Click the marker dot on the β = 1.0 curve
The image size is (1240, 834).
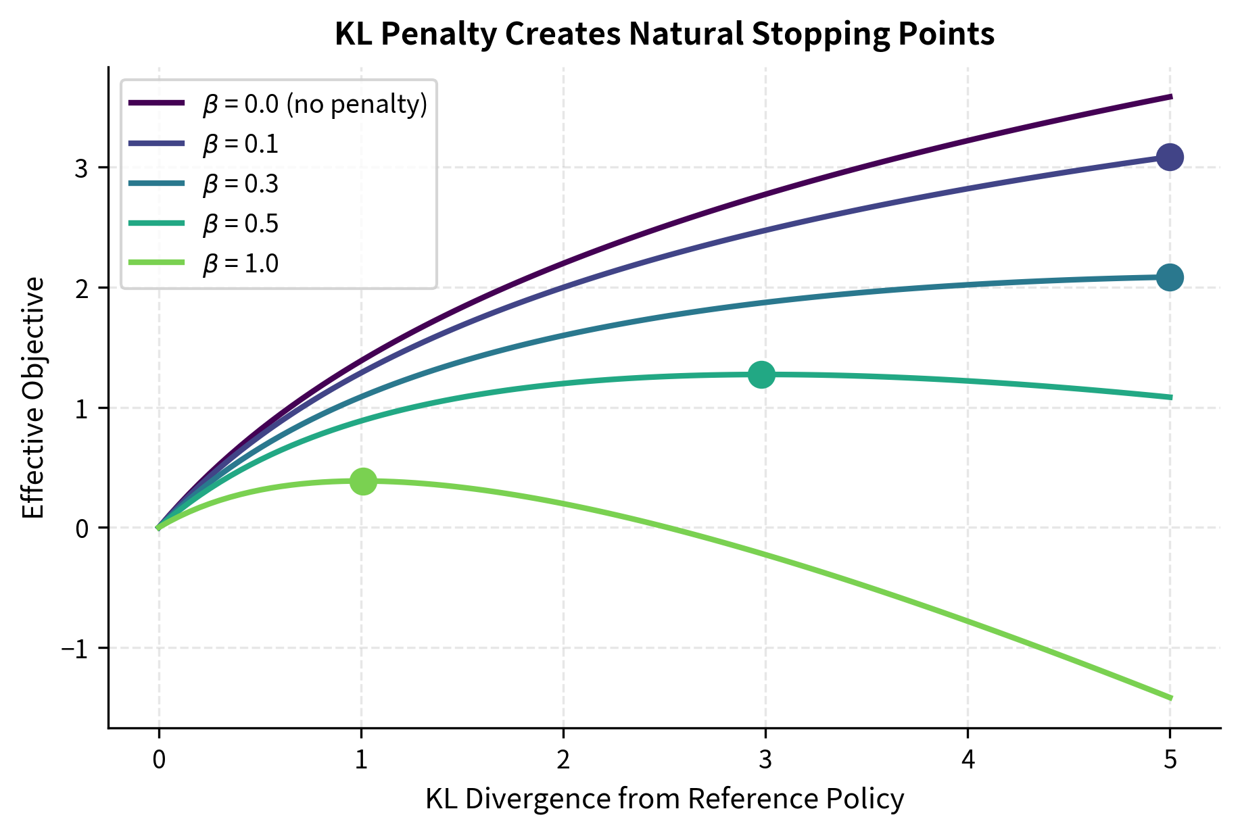363,481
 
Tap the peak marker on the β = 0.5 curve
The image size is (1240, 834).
762,374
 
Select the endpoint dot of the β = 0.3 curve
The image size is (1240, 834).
1170,277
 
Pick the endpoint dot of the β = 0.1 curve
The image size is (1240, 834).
1170,157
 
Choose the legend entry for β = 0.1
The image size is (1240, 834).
240,144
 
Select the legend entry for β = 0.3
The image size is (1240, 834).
240,184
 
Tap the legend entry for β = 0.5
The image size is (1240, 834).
240,224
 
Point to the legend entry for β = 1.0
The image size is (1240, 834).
240,264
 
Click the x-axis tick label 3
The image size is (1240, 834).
765,760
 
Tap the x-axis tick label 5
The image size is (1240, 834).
1170,760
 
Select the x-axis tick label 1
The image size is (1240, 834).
361,760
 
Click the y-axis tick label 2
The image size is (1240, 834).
82,289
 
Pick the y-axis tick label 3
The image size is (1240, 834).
82,168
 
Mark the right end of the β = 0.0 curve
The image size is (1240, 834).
1170,97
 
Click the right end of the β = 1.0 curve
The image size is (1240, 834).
1170,697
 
